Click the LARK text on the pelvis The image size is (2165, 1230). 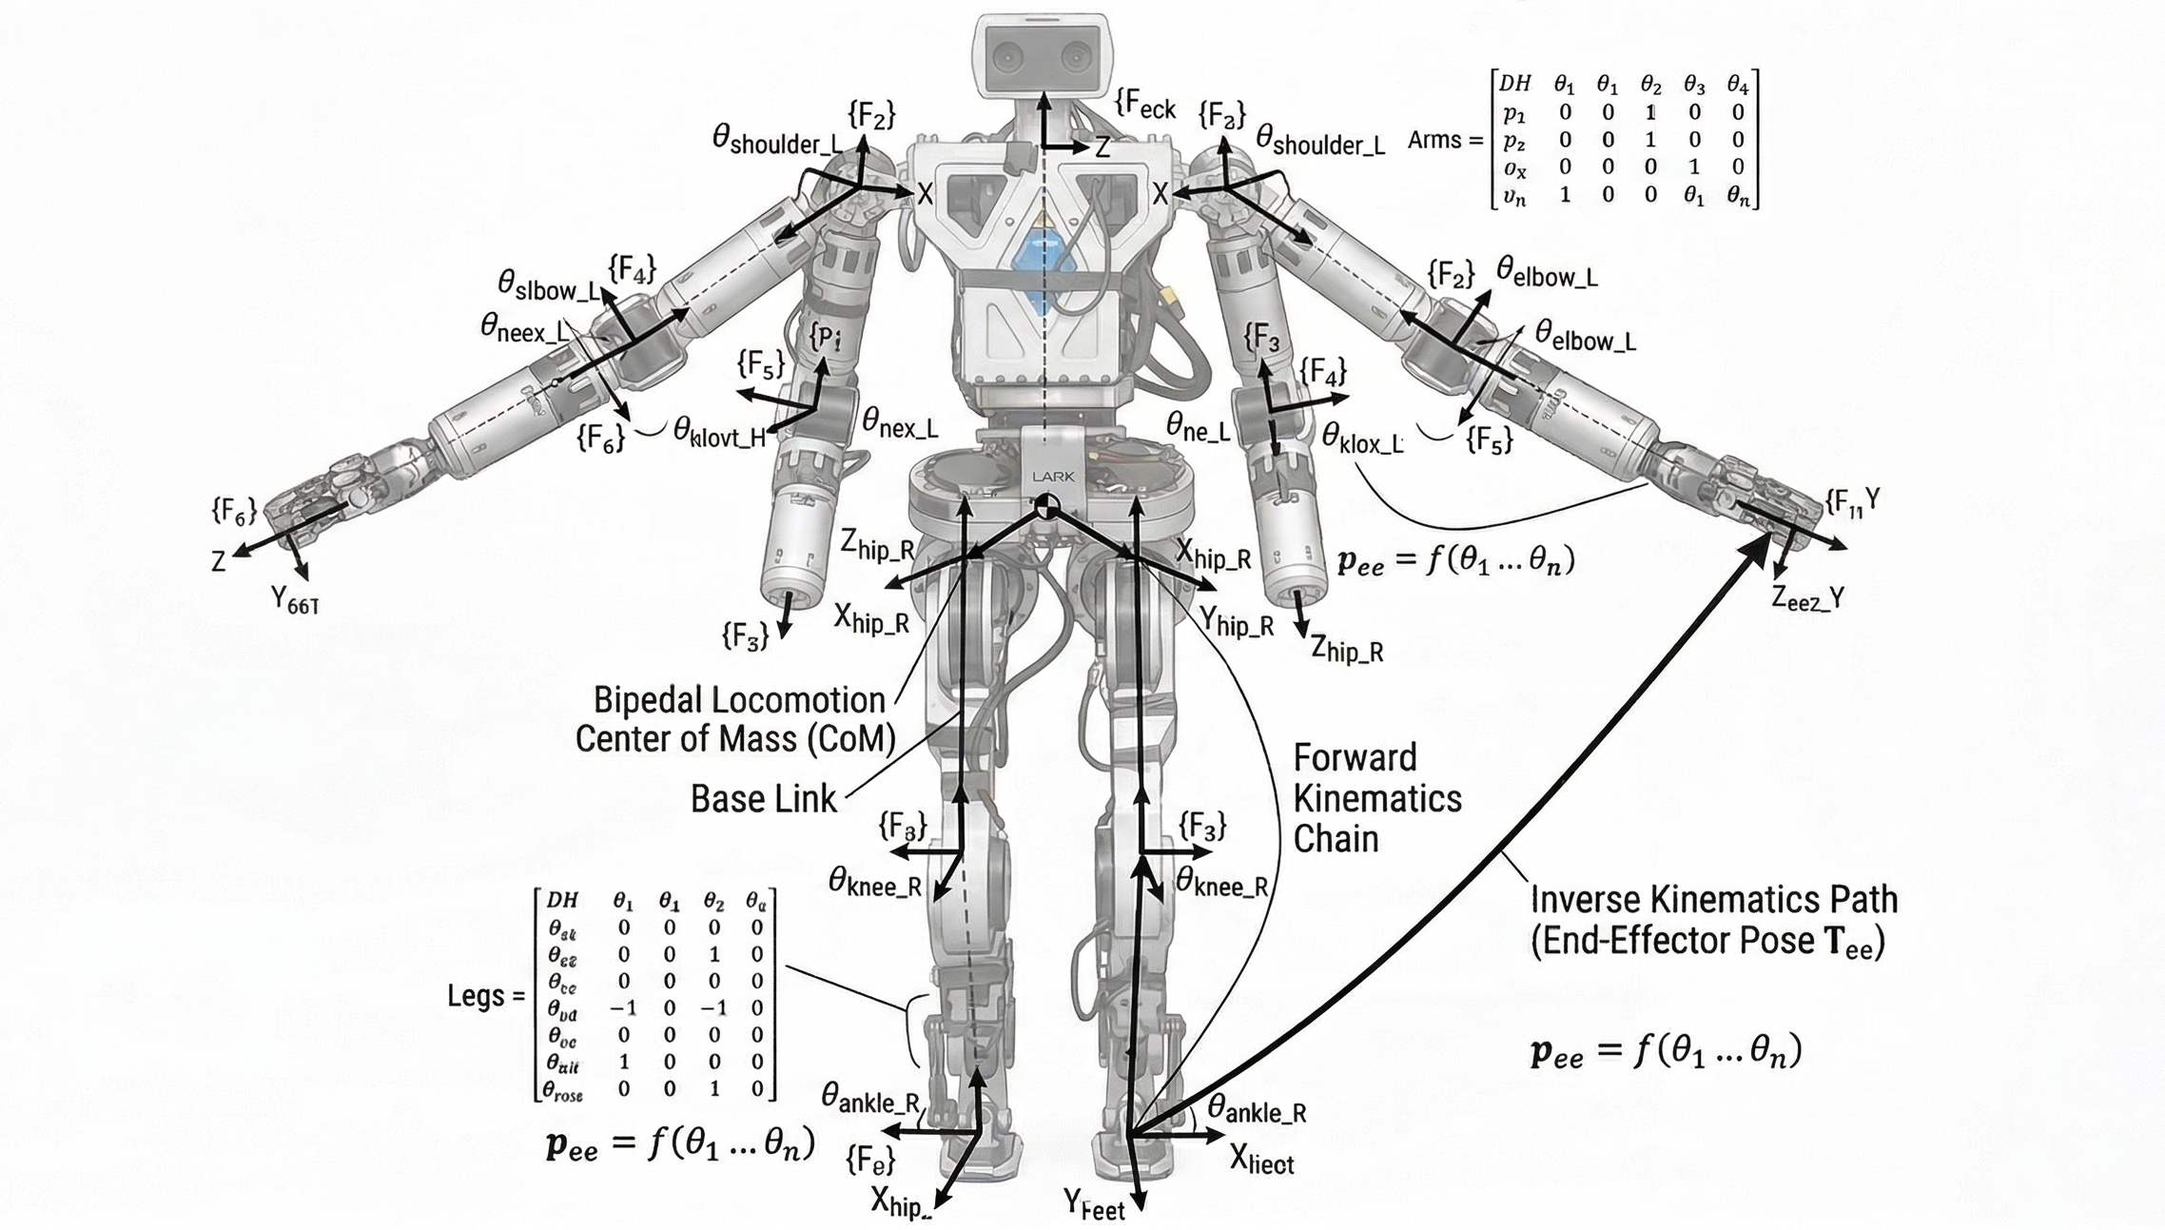[x=1052, y=477]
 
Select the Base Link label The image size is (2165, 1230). [x=764, y=799]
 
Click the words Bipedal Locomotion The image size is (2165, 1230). [x=739, y=701]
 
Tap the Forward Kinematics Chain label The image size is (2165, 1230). [x=1375, y=798]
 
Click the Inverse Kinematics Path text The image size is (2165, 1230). [x=1713, y=900]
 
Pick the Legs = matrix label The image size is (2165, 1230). [x=486, y=996]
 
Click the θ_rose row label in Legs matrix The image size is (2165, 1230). [x=564, y=1091]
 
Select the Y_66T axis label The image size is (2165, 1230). [x=295, y=600]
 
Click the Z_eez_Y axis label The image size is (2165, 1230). [x=1807, y=598]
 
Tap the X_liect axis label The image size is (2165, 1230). [x=1261, y=1160]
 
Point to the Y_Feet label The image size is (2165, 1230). [x=1094, y=1205]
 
